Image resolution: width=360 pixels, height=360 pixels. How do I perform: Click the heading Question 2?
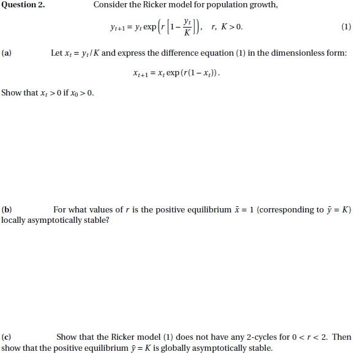(x=23, y=6)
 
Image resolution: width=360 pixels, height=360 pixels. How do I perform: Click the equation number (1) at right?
(x=346, y=27)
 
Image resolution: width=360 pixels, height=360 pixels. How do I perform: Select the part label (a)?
(x=7, y=53)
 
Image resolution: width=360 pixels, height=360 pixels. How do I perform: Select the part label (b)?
(x=7, y=210)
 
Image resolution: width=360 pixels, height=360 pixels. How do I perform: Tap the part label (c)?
(x=7, y=337)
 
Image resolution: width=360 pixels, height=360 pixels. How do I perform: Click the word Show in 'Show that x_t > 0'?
(x=12, y=93)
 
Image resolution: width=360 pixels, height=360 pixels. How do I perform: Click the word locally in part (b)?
(x=14, y=220)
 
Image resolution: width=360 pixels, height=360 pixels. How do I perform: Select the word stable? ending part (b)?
(x=96, y=220)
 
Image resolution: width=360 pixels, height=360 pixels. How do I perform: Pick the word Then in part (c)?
(x=342, y=337)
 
